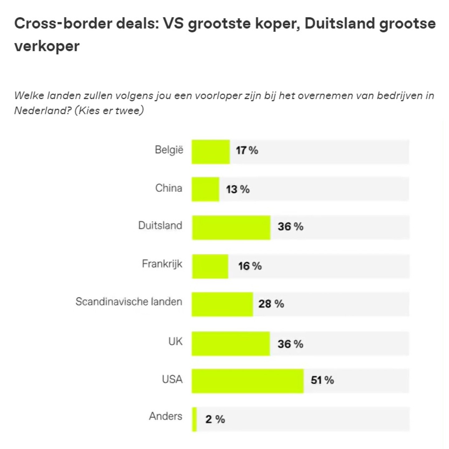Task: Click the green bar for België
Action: [x=211, y=152]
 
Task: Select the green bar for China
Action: [x=205, y=189]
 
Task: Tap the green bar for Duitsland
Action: [x=231, y=227]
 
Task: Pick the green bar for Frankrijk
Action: [x=210, y=266]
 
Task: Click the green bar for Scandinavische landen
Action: [x=222, y=304]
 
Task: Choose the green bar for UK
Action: [x=231, y=343]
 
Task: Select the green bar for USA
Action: [x=248, y=381]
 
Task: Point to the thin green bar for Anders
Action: [x=195, y=419]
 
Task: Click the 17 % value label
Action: [x=247, y=150]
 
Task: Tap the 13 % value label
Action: [x=238, y=189]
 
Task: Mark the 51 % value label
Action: [x=322, y=380]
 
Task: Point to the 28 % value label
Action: [x=271, y=304]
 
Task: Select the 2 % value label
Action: [x=215, y=419]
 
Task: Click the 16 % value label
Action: [x=250, y=266]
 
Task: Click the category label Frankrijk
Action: [x=162, y=264]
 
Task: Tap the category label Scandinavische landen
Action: [x=129, y=302]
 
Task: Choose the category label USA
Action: [x=172, y=379]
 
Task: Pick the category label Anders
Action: [x=166, y=416]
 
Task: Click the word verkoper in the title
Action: [x=47, y=46]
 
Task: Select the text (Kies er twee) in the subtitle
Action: [x=109, y=111]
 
